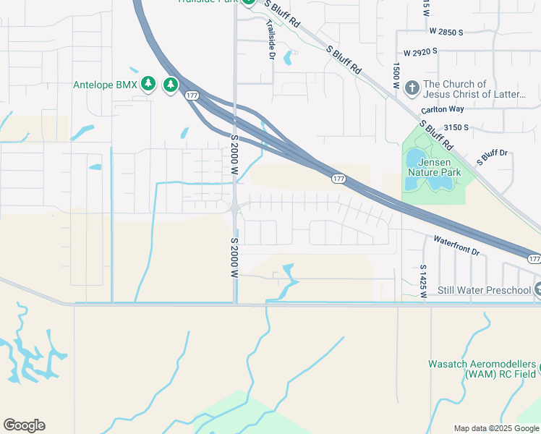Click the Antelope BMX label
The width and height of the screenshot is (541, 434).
105,85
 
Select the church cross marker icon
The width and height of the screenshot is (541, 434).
412,88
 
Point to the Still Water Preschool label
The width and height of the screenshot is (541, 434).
485,291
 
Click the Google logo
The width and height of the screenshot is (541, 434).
24,425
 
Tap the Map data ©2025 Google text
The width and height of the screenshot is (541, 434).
495,428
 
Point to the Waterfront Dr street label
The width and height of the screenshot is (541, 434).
456,244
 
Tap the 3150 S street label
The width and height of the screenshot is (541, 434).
456,127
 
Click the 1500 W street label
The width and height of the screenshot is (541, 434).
396,75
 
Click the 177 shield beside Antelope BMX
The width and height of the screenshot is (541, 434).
192,95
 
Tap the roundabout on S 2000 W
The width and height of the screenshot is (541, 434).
236,209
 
